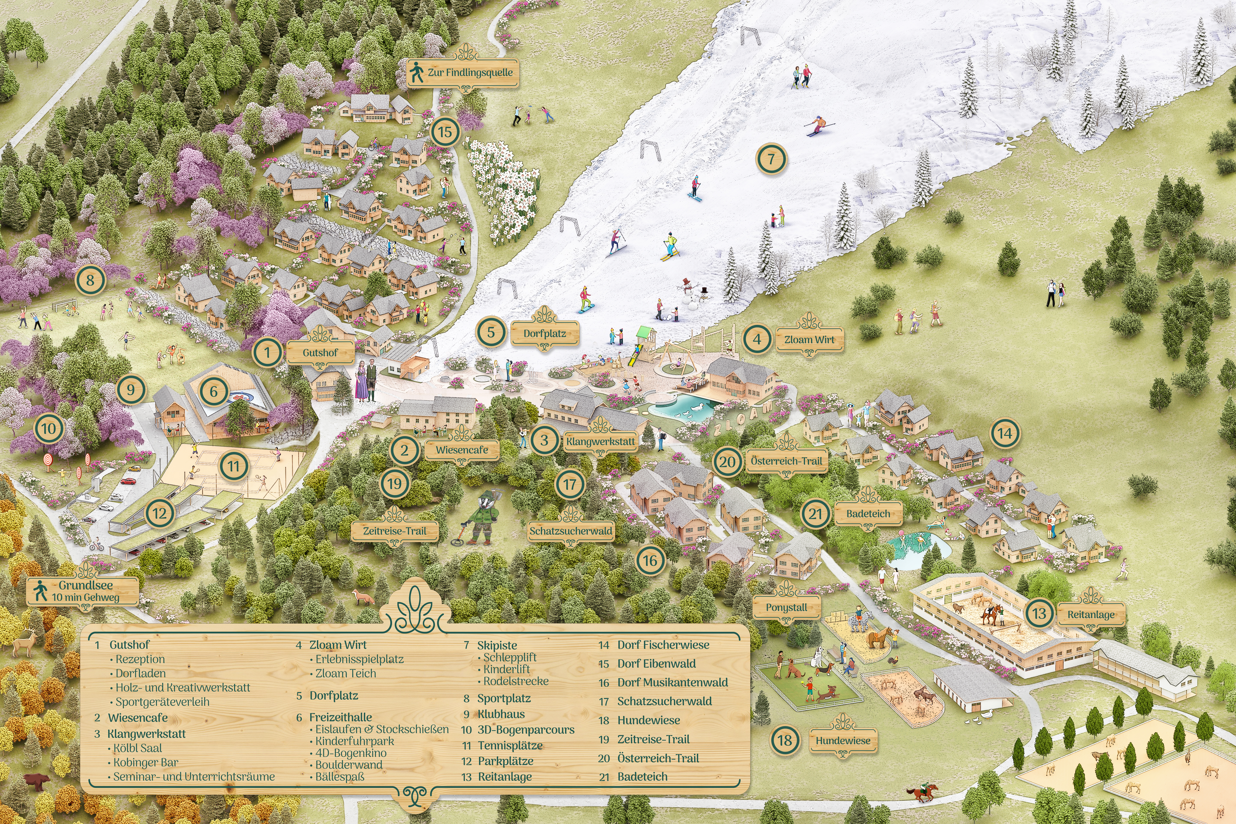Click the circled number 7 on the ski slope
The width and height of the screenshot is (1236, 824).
[771, 159]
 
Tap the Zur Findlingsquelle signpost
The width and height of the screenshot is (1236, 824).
[463, 72]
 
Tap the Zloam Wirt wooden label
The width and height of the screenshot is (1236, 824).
[809, 339]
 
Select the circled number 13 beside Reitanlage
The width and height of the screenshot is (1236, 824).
[1039, 613]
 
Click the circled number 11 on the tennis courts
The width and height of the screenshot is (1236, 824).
[233, 466]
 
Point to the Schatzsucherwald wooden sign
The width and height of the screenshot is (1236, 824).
[571, 531]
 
